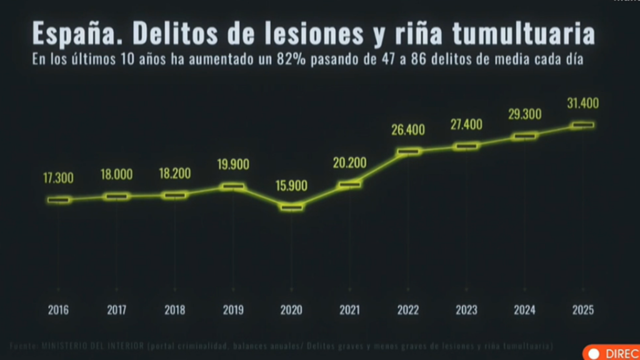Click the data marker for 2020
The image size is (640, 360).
point(291,207)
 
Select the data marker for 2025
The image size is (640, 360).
point(582,125)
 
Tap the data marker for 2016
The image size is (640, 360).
point(58,200)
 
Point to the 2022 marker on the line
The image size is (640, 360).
point(408,151)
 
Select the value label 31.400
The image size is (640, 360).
point(582,103)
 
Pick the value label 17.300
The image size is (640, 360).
point(58,178)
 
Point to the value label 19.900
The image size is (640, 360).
point(233,164)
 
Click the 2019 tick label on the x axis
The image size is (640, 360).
point(233,310)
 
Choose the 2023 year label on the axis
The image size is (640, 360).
point(466,310)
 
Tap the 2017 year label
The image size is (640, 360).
point(116,310)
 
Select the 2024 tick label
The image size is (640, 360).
point(524,310)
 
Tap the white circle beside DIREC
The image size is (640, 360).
point(594,354)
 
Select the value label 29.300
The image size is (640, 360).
point(524,114)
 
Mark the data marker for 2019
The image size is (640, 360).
point(233,186)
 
